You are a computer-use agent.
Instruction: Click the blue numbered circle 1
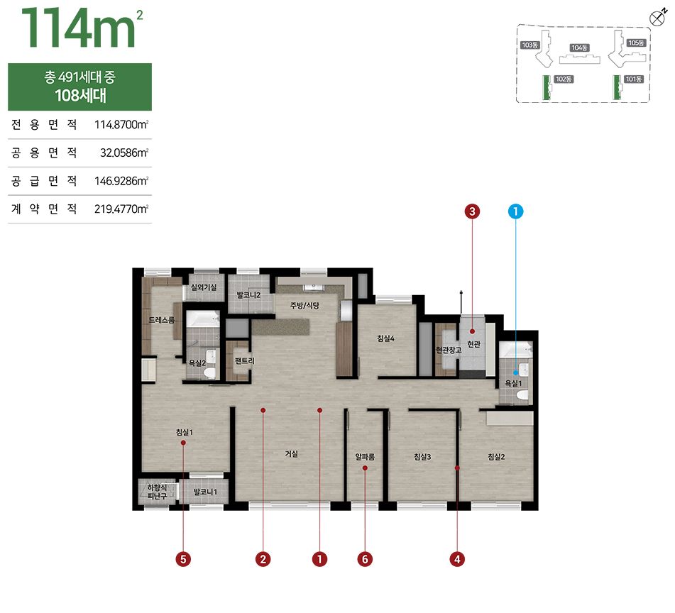[515, 211]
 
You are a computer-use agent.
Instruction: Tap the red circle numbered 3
[472, 211]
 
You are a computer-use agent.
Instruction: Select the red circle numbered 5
[183, 559]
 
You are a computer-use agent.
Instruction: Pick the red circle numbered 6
[365, 559]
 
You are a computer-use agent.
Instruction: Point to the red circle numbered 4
[457, 559]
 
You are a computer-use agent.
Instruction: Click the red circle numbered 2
[263, 559]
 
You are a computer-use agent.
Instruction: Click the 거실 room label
[292, 454]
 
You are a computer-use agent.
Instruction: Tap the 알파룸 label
[365, 457]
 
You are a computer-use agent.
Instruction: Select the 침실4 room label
[385, 338]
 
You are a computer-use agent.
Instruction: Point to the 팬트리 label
[244, 360]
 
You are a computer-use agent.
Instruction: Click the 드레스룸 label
[161, 320]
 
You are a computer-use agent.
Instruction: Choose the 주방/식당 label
[304, 305]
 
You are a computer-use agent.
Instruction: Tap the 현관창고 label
[449, 350]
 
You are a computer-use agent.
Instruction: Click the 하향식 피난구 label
[157, 492]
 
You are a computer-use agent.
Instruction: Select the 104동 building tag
[579, 48]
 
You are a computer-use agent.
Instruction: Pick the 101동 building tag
[634, 79]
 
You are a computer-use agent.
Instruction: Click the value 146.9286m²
[121, 181]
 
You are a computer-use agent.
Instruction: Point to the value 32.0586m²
[124, 153]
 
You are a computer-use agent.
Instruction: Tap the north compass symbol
[657, 18]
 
